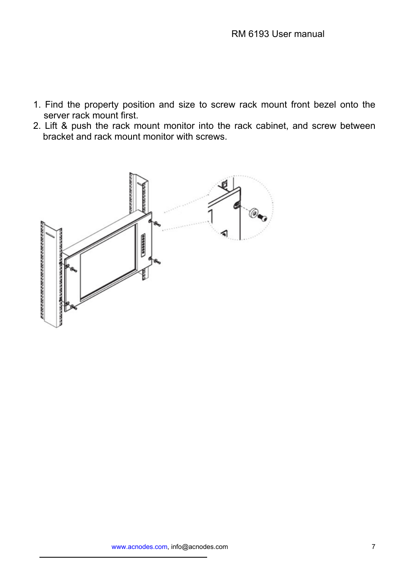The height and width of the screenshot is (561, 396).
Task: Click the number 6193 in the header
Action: click(x=258, y=34)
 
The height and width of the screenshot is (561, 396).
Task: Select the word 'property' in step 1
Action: click(x=101, y=105)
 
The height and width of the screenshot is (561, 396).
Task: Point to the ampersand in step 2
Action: click(x=64, y=126)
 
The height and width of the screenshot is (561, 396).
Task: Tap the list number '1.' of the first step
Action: click(x=37, y=105)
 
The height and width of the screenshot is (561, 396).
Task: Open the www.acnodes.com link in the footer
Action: click(x=139, y=547)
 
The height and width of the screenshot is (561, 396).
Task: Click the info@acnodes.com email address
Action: click(x=199, y=547)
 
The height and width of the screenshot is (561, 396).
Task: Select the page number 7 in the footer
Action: click(x=373, y=547)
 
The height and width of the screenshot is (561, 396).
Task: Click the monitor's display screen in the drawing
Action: click(x=108, y=262)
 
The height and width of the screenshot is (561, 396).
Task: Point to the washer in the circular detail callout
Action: click(x=253, y=213)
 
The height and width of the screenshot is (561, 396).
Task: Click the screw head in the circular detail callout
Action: click(x=262, y=218)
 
